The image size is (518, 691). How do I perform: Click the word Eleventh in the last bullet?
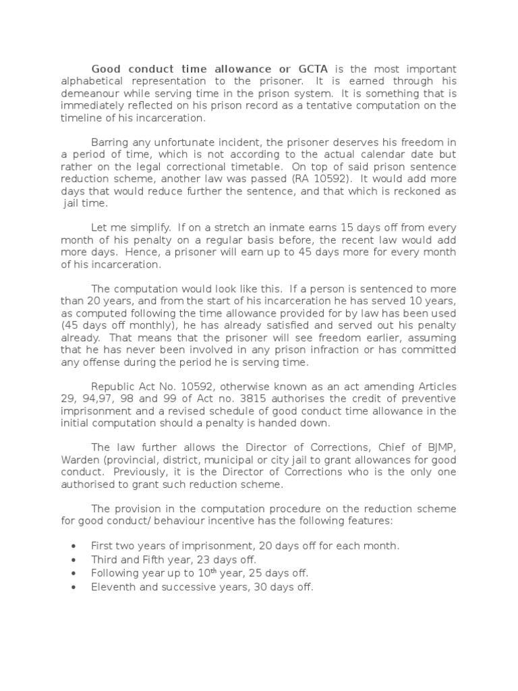[x=113, y=587]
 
